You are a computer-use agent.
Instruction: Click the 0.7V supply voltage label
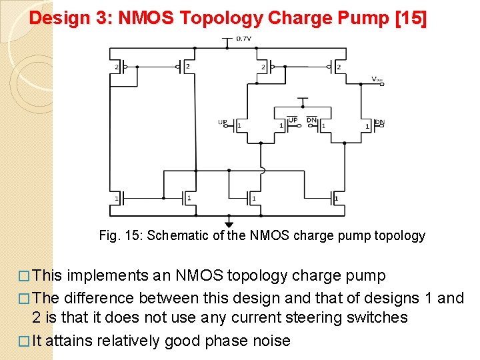243,39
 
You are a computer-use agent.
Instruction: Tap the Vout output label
377,79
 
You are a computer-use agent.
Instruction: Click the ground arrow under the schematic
229,225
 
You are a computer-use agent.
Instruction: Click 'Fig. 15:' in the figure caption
121,235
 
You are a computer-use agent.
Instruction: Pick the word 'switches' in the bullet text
377,318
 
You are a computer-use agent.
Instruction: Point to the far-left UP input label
223,122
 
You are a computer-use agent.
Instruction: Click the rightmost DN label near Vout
379,123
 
